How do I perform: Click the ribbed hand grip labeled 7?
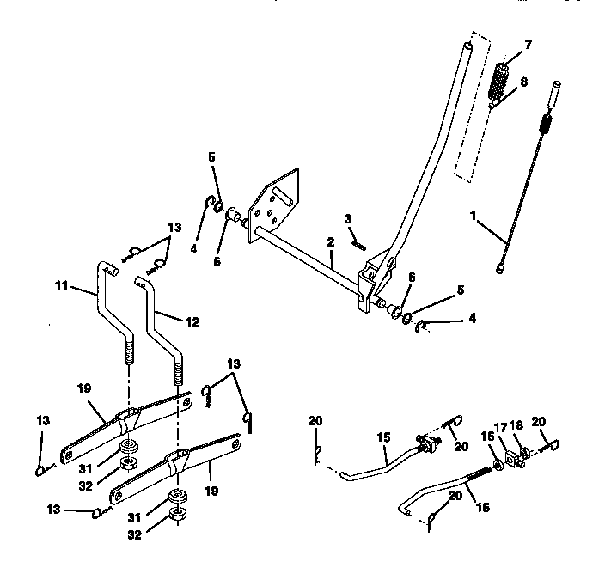[498, 80]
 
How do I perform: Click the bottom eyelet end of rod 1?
[501, 269]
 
